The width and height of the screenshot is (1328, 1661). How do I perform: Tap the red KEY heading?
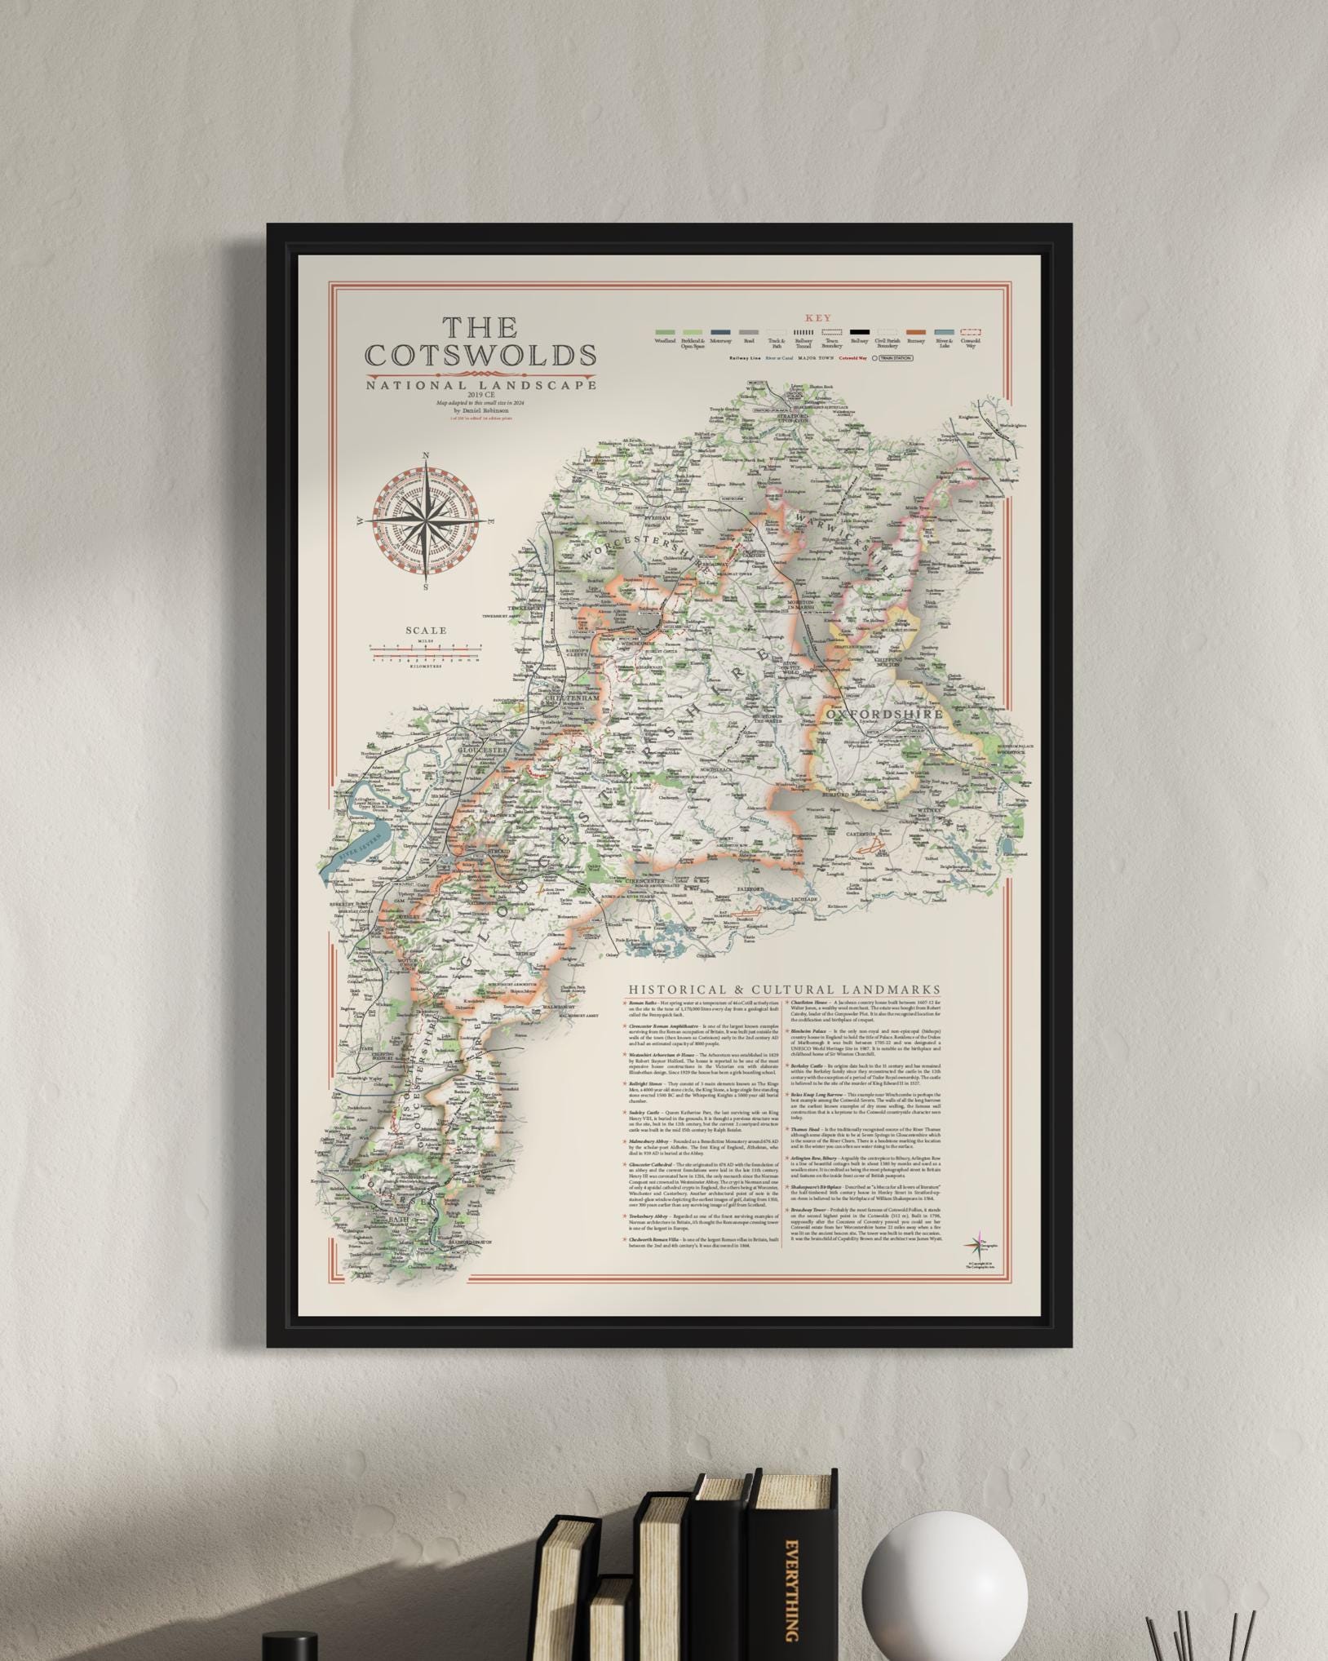click(817, 318)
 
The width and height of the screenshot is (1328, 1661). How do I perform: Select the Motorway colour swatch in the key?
click(720, 332)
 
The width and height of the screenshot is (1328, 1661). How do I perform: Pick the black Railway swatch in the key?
click(858, 332)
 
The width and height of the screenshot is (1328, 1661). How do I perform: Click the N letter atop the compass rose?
click(425, 457)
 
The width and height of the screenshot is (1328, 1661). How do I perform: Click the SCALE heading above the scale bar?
click(426, 630)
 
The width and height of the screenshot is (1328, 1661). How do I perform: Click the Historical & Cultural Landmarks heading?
click(783, 989)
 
